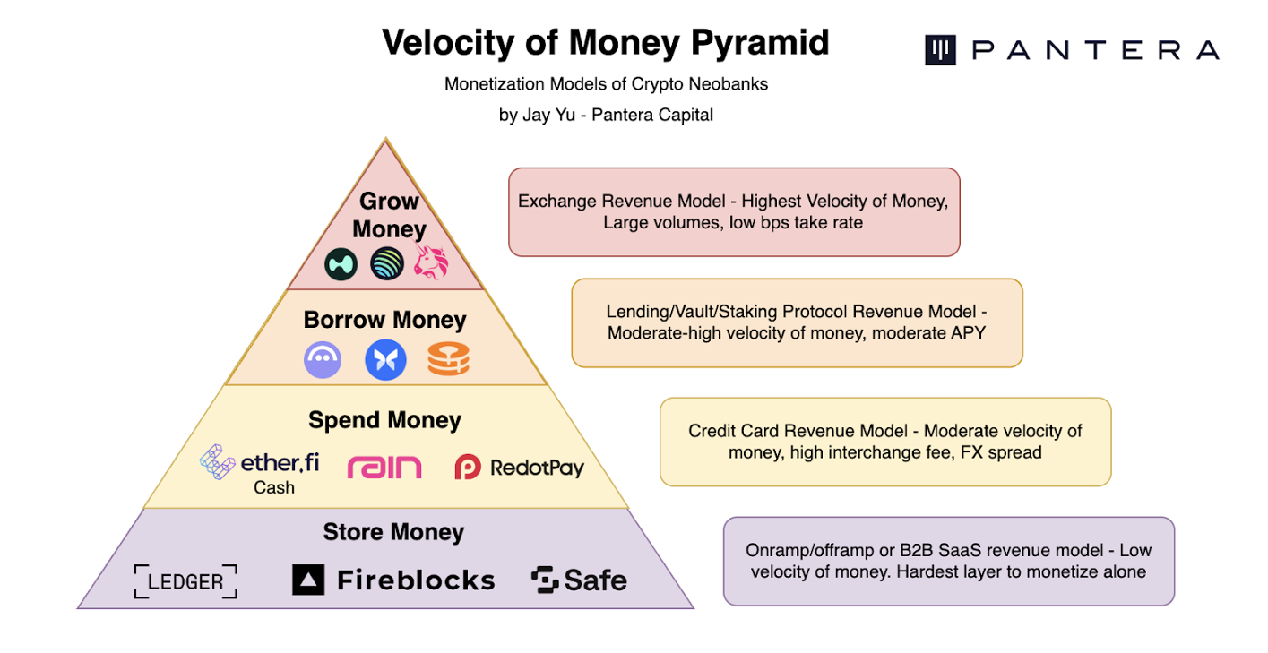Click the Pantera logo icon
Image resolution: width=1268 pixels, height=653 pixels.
941,50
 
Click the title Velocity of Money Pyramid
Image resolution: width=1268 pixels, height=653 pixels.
605,43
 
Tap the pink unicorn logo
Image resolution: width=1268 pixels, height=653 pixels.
431,262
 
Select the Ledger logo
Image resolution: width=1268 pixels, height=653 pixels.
185,581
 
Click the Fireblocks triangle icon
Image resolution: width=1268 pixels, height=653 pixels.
308,580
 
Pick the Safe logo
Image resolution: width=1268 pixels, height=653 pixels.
579,580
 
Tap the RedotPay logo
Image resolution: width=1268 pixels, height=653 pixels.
519,467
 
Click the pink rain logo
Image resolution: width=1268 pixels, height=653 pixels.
384,467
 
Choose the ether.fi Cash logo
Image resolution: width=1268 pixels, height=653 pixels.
260,468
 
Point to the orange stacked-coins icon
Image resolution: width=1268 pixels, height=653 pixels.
448,360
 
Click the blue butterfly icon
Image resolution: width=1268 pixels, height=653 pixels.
385,360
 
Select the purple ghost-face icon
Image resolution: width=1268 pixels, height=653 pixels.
323,360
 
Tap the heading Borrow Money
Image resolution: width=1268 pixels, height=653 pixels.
385,320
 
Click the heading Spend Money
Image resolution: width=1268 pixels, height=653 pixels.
384,420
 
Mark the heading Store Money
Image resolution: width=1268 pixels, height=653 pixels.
393,532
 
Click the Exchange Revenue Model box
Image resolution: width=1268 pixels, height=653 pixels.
733,212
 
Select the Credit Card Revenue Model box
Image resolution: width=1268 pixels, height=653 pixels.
884,442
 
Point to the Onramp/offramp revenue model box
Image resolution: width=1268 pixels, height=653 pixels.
948,561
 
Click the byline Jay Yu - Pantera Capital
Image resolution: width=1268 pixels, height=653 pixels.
606,115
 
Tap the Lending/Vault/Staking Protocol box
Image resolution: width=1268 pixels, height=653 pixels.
797,322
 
